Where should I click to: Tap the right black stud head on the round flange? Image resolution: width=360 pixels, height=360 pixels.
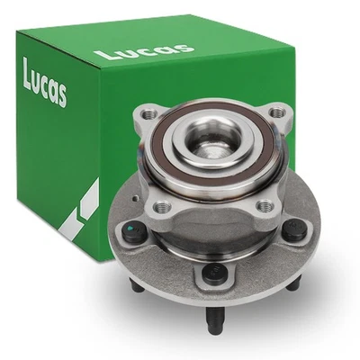[295, 229]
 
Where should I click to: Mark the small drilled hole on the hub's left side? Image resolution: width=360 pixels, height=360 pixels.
[134, 195]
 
